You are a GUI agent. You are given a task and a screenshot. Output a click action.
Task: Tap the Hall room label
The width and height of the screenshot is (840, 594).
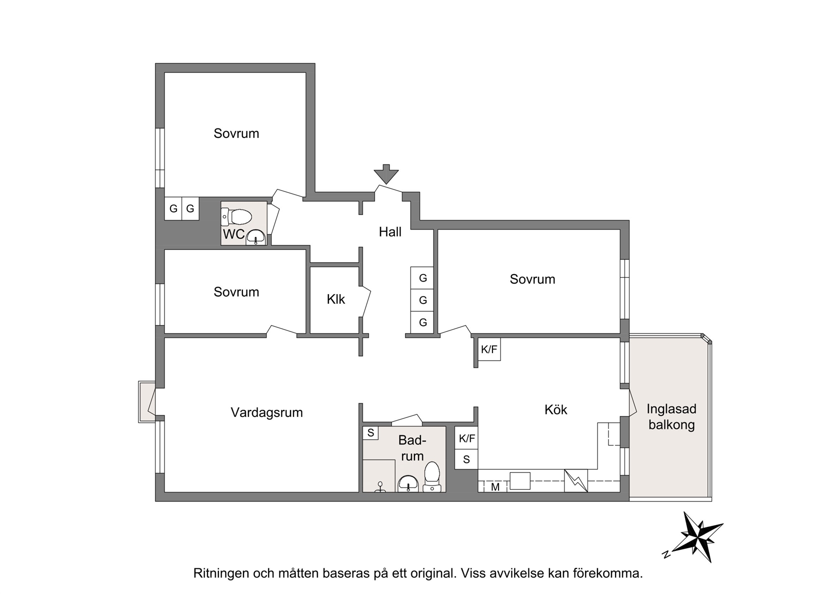[x=390, y=232]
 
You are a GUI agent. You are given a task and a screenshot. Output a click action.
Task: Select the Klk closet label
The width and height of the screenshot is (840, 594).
[x=335, y=299]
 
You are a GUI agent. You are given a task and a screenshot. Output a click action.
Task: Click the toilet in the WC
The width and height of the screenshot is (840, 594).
[x=237, y=217]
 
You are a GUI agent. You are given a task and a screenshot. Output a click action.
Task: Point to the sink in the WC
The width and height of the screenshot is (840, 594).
[x=256, y=237]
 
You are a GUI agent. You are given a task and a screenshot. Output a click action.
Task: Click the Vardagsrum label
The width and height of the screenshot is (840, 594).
[x=266, y=412]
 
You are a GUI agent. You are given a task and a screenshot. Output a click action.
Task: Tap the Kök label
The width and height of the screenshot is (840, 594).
[x=556, y=409]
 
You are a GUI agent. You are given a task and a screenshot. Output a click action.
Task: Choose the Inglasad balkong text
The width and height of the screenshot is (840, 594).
[x=671, y=416]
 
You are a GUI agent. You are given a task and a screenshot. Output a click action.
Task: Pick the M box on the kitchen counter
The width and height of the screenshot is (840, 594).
[x=495, y=487]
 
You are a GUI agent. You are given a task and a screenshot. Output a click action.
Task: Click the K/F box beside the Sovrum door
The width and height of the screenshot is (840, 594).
[x=489, y=349]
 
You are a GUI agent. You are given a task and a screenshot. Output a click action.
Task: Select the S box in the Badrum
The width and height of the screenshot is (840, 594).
[x=370, y=433]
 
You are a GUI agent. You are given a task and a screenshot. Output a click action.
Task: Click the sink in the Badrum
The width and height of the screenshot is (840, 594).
[x=408, y=483]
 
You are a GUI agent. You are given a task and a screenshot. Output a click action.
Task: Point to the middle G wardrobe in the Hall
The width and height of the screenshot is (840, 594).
[x=422, y=300]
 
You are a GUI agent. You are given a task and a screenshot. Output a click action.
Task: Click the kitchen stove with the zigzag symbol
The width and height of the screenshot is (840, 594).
[x=576, y=481]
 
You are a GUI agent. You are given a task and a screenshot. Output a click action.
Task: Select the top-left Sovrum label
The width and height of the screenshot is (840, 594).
[x=236, y=133]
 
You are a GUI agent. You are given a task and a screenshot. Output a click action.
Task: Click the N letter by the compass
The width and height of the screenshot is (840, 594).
[x=666, y=554]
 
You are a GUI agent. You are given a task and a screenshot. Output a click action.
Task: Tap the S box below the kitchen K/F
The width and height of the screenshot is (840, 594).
[x=466, y=459]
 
